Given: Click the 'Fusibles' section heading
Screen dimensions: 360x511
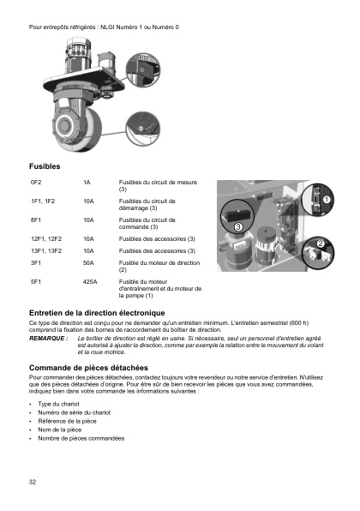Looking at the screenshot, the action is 45,166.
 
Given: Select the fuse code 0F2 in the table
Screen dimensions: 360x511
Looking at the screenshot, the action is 36,183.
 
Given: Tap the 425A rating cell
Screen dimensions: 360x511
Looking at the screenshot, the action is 90,282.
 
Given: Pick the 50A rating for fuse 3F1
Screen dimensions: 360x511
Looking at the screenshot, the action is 88,263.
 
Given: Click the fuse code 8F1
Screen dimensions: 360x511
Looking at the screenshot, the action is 36,220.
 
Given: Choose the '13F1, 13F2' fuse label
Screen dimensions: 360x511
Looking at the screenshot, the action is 46,251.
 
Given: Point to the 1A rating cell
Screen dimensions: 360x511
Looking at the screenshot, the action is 87,183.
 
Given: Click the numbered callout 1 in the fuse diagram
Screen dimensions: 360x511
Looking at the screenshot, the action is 327,199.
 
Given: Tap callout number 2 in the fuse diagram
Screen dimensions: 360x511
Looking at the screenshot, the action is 321,243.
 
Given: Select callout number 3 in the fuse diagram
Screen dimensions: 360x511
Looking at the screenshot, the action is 238,226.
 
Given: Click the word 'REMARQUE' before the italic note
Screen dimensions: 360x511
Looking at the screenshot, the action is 47,339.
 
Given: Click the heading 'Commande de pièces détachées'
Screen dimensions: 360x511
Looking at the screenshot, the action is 88,368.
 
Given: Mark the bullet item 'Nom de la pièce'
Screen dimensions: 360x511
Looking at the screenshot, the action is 60,430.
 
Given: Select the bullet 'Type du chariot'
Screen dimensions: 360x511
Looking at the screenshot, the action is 58,404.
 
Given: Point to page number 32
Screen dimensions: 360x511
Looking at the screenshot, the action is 33,482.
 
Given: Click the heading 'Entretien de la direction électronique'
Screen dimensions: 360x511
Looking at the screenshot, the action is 97,313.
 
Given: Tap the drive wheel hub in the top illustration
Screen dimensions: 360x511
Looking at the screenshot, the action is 66,126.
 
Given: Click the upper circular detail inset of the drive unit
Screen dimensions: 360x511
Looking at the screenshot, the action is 143,70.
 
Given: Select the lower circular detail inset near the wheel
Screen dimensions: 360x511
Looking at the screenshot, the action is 142,129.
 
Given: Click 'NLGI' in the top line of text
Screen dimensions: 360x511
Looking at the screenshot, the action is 107,27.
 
